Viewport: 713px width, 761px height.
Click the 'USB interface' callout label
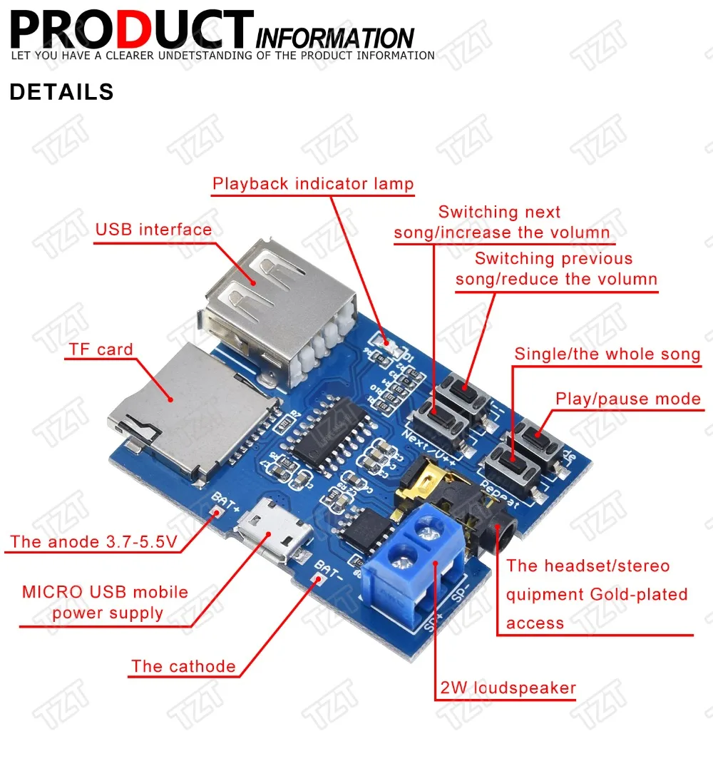153,230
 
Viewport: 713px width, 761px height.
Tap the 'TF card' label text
101,349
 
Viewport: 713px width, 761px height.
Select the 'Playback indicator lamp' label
313,184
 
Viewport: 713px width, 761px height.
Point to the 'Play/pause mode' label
628,399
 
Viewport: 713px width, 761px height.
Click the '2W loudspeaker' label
508,688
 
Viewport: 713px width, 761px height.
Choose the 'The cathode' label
183,667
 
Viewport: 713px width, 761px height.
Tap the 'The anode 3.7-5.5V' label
93,542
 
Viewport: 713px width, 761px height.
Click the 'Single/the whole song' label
607,354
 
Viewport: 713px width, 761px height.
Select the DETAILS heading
61,92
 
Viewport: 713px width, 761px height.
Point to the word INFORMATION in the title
334,38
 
